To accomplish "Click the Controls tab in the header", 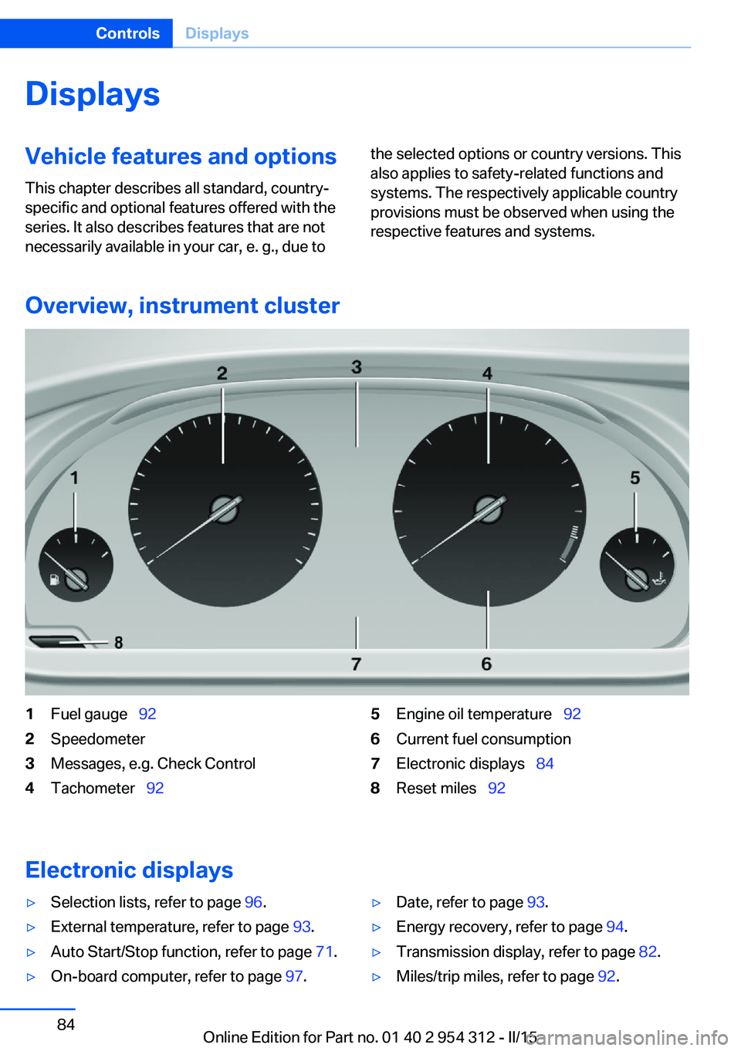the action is [x=127, y=33].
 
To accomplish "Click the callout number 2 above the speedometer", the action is [x=222, y=373].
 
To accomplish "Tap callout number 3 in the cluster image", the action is [x=357, y=367].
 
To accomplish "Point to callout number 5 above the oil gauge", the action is [x=635, y=478].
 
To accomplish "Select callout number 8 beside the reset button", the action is [x=119, y=642].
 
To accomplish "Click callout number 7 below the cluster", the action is [x=356, y=664].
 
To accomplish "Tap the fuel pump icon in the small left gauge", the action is [x=55, y=580].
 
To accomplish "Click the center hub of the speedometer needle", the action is [x=225, y=509].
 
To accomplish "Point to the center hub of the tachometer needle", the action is [x=489, y=509].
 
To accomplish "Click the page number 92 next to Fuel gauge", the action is [x=147, y=714].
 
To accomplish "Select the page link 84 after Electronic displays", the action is [x=545, y=763].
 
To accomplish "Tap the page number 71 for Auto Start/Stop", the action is [x=324, y=951].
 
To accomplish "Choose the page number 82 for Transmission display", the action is [x=648, y=951].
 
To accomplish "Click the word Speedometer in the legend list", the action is [x=97, y=739].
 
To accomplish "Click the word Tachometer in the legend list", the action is [x=93, y=788].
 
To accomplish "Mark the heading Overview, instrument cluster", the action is [x=183, y=306].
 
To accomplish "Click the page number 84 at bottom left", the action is [x=66, y=1024].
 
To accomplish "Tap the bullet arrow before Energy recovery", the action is [x=377, y=928].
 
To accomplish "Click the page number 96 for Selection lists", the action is [x=253, y=902].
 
